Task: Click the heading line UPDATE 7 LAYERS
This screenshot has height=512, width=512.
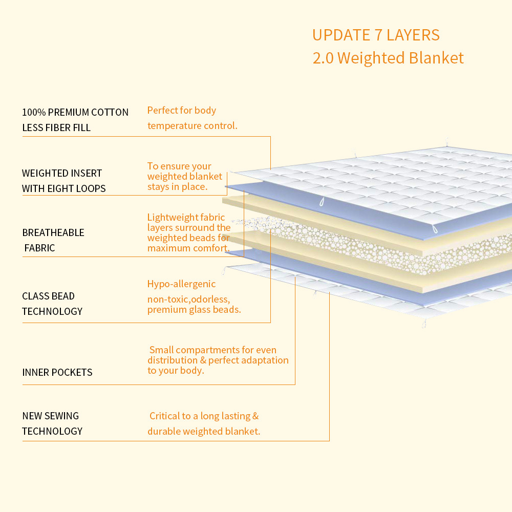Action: [376, 35]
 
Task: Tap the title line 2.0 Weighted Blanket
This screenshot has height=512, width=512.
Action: [388, 57]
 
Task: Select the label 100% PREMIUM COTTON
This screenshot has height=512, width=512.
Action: [75, 112]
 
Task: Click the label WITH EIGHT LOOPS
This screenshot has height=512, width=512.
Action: [64, 188]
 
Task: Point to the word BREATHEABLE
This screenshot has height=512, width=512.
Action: [53, 232]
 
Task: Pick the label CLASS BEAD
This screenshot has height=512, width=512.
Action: [48, 296]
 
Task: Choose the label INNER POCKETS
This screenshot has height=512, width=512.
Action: [57, 372]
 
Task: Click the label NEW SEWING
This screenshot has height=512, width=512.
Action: [51, 416]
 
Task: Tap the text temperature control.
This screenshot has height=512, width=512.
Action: [193, 125]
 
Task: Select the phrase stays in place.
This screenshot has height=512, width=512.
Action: [177, 186]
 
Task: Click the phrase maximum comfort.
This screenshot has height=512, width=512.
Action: [188, 248]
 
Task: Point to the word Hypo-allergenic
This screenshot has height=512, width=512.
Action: [181, 284]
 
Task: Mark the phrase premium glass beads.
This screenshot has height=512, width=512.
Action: [194, 309]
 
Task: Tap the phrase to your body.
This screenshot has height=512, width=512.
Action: [176, 370]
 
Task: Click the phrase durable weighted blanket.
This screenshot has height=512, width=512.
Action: [204, 431]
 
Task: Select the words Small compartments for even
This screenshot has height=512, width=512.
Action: [219, 350]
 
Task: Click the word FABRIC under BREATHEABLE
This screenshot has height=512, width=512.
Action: [40, 248]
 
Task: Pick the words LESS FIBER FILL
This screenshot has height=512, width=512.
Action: [56, 127]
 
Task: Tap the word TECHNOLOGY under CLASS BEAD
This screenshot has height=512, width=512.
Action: [52, 311]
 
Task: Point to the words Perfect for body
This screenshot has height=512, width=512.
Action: [182, 110]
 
